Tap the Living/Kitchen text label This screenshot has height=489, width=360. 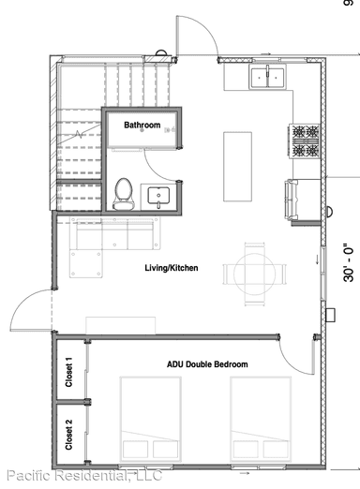pos(172,268)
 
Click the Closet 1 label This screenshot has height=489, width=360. pos(68,373)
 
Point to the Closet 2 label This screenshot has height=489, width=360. pos(68,436)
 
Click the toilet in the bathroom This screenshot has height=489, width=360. pos(122,193)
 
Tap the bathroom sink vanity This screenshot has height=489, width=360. pos(157,197)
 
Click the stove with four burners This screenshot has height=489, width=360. pos(306,141)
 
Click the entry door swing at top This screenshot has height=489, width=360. pos(197,37)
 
